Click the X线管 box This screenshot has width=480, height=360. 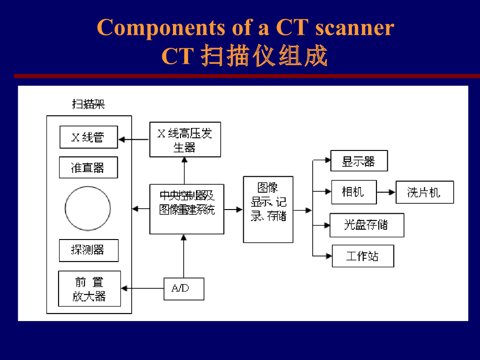tap(89, 137)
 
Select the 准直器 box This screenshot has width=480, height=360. tap(88, 167)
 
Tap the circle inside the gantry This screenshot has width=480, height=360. tap(88, 208)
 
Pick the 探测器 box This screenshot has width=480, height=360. tap(88, 250)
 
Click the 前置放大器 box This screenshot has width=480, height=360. tap(89, 289)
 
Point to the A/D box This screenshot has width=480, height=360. tap(184, 289)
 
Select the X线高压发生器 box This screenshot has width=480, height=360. tap(185, 139)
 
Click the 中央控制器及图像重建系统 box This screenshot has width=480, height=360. tap(187, 209)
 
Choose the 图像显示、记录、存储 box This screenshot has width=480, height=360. tap(268, 209)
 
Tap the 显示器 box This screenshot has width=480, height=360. tap(359, 161)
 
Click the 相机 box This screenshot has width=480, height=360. tap(353, 192)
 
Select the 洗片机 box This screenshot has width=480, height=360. tap(424, 192)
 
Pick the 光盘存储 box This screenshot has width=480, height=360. tap(367, 225)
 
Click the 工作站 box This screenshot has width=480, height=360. tap(362, 256)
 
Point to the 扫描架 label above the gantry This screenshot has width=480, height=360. tap(88, 104)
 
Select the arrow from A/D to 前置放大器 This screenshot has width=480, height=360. tap(142, 289)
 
